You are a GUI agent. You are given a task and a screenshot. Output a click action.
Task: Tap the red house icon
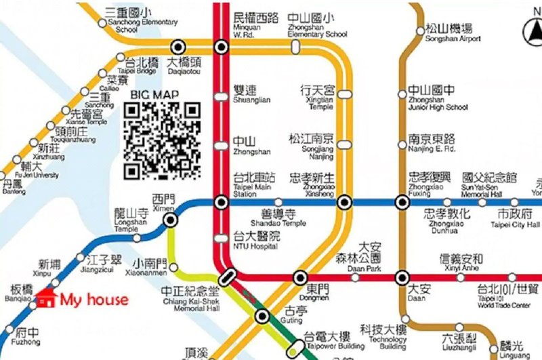pos(47,298)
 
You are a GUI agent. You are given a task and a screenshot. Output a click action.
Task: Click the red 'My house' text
pos(93,300)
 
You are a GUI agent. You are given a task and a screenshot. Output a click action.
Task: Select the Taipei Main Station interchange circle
pos(221,202)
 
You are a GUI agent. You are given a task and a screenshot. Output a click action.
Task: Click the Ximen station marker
pos(171,219)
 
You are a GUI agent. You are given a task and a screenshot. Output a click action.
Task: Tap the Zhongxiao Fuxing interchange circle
pos(402,202)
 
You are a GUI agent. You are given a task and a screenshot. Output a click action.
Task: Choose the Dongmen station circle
pos(301,277)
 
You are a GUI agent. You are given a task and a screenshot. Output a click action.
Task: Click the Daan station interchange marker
pos(402,277)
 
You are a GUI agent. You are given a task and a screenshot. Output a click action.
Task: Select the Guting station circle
pos(262,315)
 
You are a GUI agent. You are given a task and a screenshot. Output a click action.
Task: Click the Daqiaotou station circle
pos(178,47)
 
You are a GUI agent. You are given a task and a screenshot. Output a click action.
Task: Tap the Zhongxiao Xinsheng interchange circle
pos(345,202)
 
